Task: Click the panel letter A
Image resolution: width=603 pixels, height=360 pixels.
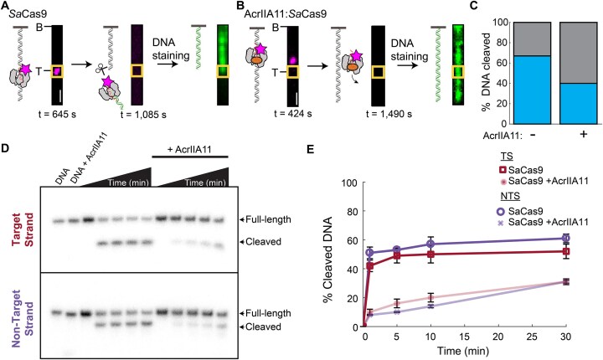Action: (7, 8)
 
